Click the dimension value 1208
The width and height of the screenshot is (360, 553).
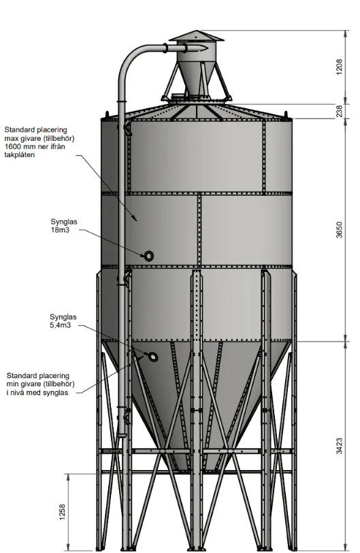[x=339, y=67]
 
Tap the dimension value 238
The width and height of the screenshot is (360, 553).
[x=339, y=111]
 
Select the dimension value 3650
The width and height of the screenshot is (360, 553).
[x=339, y=230]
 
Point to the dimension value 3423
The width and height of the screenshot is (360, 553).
[x=339, y=446]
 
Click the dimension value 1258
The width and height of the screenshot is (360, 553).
[x=62, y=512]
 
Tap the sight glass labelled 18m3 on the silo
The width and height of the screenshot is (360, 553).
[x=148, y=256]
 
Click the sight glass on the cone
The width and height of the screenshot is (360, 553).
[x=153, y=357]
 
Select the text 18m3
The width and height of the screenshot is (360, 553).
[x=60, y=231]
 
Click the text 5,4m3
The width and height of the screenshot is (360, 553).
[x=61, y=325]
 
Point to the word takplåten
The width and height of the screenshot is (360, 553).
[x=20, y=154]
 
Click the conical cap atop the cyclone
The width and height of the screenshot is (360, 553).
[x=196, y=36]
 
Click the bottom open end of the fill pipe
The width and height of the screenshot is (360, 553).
[x=122, y=435]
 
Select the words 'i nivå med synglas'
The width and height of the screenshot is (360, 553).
[x=37, y=392]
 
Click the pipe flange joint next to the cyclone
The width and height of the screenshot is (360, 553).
[x=165, y=48]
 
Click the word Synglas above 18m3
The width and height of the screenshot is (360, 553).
[x=64, y=222]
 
